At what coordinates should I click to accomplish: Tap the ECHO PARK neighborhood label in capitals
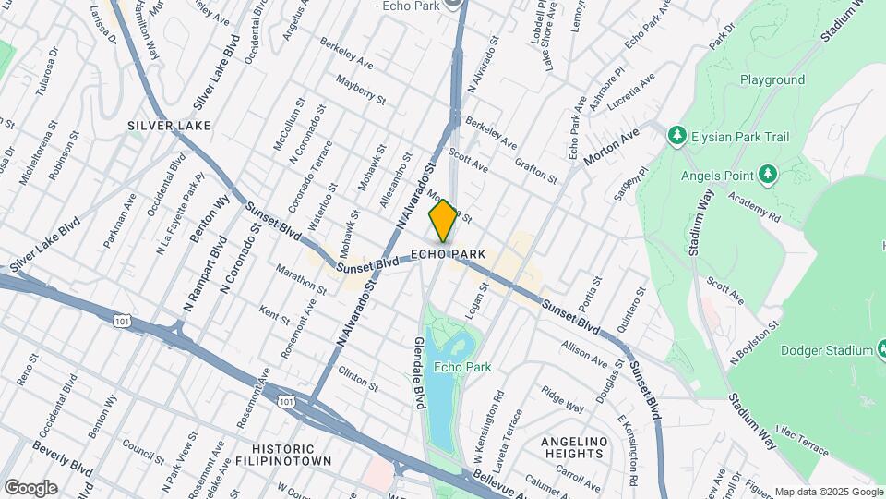[x=448, y=254]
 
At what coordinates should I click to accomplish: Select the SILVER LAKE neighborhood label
[x=169, y=125]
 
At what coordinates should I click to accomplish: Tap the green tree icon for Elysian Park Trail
[x=677, y=137]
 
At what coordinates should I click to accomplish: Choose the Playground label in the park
[x=772, y=80]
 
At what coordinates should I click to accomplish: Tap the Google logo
[x=30, y=487]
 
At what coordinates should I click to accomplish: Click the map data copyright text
[x=828, y=492]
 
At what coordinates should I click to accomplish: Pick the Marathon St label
[x=301, y=279]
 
